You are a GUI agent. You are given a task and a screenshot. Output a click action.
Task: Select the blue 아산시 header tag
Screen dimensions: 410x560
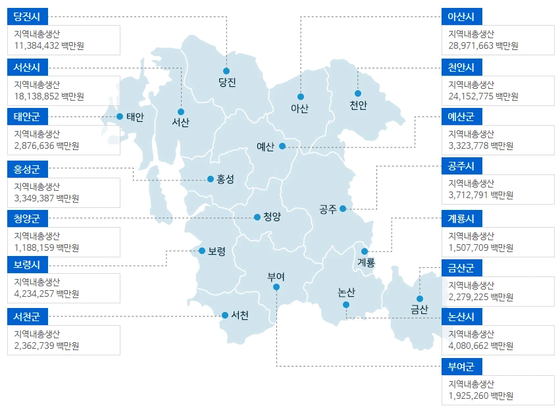click(x=461, y=16)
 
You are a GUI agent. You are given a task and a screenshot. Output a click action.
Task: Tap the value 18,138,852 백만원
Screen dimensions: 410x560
click(x=49, y=96)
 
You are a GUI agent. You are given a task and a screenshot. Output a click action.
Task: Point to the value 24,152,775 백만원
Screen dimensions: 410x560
click(x=483, y=96)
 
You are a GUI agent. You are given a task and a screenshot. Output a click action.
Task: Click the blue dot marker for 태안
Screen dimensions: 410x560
click(x=120, y=116)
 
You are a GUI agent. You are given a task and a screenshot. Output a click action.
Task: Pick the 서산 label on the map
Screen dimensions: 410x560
click(x=181, y=122)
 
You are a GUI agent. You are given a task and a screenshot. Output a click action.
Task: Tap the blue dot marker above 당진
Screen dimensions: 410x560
click(x=226, y=70)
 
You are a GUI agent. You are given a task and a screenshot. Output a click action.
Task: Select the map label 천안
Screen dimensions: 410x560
click(x=359, y=105)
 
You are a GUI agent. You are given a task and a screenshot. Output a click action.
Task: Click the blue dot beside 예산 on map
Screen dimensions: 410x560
click(x=282, y=146)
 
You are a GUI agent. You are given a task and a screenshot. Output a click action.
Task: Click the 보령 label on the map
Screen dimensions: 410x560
click(x=216, y=251)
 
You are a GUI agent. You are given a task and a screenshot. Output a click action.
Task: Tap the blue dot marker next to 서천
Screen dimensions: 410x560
click(x=225, y=315)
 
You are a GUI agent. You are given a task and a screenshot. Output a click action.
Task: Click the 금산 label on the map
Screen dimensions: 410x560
click(x=419, y=309)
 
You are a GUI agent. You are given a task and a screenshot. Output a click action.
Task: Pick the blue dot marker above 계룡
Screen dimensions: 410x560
click(x=365, y=251)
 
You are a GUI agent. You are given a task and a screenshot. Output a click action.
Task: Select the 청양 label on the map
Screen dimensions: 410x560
click(x=272, y=217)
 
